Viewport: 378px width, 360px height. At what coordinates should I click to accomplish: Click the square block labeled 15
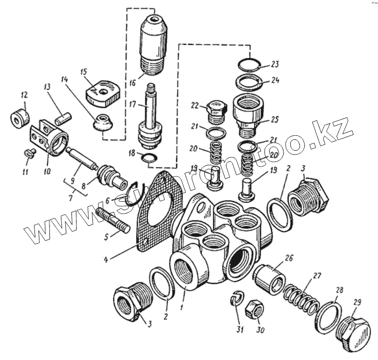[103, 92]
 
